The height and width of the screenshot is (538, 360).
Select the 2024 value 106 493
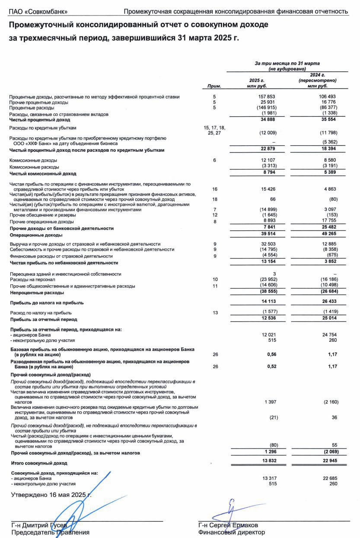327,96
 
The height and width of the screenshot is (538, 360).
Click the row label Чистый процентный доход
39,120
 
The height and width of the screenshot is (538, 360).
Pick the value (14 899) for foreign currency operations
267,210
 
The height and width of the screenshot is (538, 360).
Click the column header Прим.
214,86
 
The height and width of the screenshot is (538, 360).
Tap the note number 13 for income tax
215,312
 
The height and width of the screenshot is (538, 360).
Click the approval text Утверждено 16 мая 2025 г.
51,495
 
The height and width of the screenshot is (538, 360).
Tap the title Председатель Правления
50,532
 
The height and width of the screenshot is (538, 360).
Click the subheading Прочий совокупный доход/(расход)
51,374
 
